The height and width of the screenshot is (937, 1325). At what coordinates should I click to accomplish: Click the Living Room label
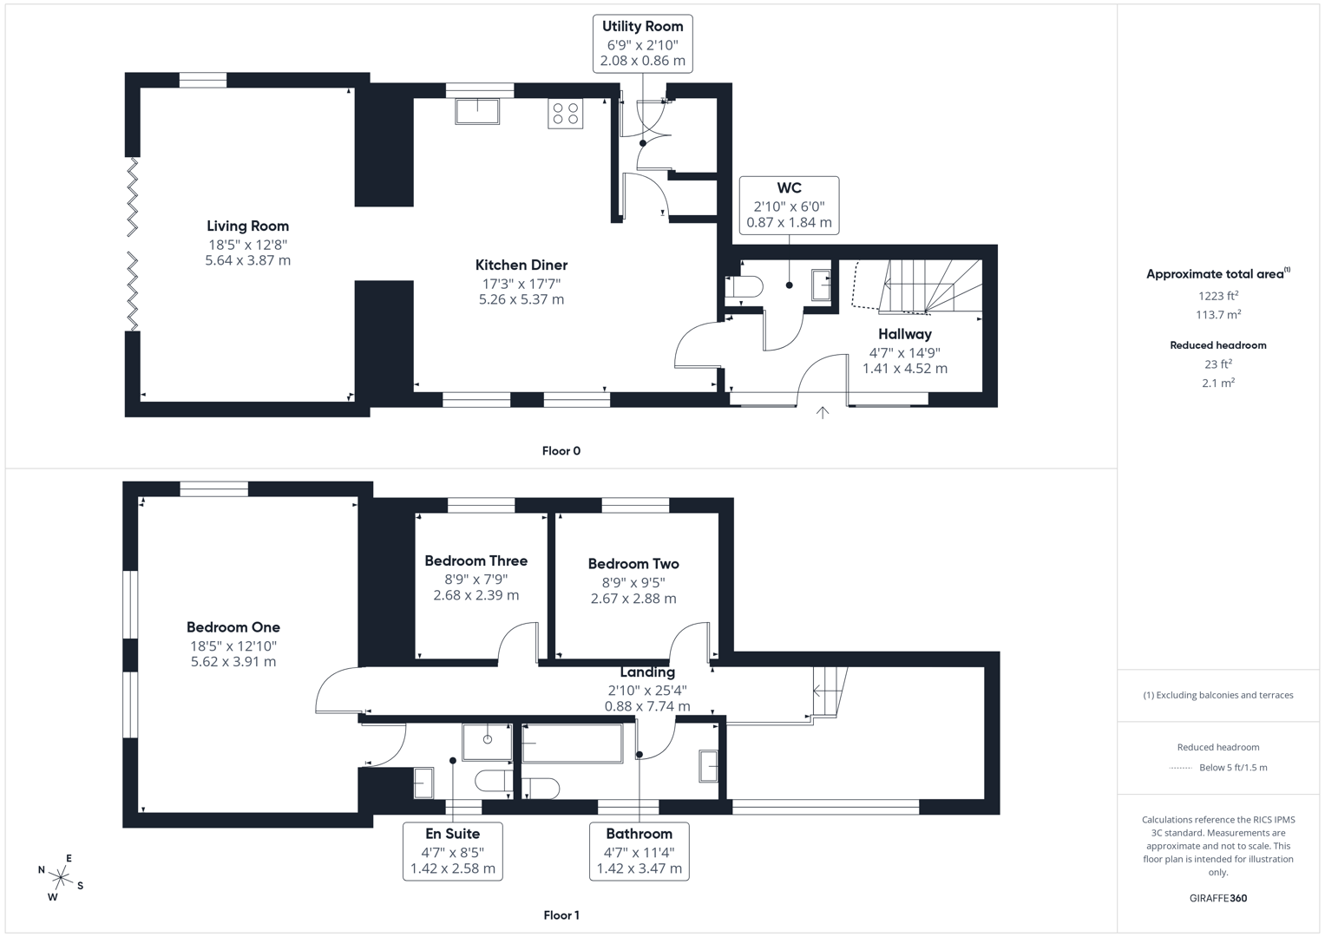pos(247,226)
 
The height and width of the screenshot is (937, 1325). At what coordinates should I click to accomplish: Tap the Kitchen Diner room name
pos(521,265)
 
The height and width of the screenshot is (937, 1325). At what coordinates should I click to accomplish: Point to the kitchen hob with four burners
pos(565,114)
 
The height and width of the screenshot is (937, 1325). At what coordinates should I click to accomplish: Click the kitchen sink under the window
pos(477,112)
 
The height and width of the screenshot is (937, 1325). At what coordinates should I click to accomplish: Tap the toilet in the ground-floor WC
pos(744,287)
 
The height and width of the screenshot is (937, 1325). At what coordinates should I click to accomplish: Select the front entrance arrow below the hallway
pos(823,413)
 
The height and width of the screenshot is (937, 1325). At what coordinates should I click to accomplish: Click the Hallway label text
pos(904,334)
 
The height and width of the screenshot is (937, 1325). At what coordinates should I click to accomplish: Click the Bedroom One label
pos(233,627)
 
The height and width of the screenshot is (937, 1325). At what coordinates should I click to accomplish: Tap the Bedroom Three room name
pos(476,561)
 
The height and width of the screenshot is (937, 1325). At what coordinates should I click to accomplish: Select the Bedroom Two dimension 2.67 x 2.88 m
pos(633,599)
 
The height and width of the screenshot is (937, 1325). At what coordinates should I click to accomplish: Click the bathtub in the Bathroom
pos(573,744)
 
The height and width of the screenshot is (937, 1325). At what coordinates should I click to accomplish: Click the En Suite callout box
pos(452,851)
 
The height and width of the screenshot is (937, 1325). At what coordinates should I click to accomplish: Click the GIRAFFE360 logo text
pos(1217,898)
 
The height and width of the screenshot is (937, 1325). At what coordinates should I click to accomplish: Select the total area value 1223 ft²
pos(1217,296)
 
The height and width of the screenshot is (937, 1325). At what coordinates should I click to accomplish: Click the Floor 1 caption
pos(561,915)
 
